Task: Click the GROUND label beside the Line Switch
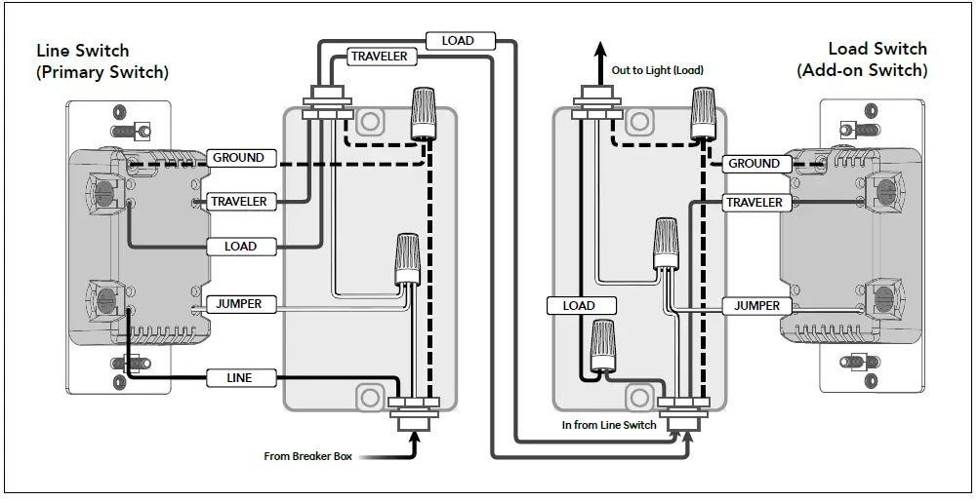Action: (238, 158)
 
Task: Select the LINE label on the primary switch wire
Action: (238, 377)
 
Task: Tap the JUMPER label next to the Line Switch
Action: (238, 304)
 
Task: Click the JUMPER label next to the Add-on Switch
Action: (756, 306)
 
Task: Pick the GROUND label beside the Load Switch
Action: (754, 164)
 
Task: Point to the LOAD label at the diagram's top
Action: (458, 41)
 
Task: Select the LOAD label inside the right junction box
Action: (579, 306)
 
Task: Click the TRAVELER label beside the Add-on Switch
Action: (754, 202)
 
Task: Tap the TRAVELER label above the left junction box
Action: (379, 57)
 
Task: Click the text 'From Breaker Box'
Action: (307, 455)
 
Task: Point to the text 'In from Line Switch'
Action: (609, 425)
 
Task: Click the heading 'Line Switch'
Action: (83, 51)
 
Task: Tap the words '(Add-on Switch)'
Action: (862, 70)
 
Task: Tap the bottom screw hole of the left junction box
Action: (369, 398)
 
